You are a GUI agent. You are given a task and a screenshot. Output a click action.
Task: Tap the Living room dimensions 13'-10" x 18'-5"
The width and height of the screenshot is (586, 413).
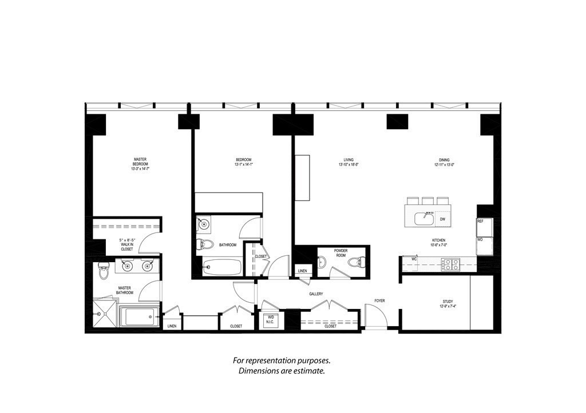pyautogui.click(x=348, y=165)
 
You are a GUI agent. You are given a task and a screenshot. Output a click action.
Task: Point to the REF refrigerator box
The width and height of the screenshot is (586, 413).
pyautogui.click(x=481, y=221)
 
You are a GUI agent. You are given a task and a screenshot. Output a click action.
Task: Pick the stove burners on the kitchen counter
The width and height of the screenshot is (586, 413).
pyautogui.click(x=450, y=263)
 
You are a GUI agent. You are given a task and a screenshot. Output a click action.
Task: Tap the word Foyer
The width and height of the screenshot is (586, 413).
pyautogui.click(x=379, y=300)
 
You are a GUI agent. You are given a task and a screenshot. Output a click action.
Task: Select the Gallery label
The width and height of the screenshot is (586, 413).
pyautogui.click(x=316, y=294)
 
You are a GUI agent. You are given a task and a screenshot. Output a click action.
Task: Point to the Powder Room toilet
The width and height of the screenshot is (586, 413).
pyautogui.click(x=355, y=263)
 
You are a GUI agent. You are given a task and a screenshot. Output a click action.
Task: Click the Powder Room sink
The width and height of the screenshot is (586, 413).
pyautogui.click(x=323, y=263)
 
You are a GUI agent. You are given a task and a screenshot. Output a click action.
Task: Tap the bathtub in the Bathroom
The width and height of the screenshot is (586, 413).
pyautogui.click(x=221, y=267)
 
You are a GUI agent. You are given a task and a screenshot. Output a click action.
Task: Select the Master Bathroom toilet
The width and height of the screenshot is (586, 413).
pyautogui.click(x=104, y=271)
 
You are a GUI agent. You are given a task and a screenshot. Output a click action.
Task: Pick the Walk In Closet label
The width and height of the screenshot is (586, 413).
pyautogui.click(x=126, y=244)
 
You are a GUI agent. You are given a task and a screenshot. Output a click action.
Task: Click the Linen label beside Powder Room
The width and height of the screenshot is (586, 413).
pyautogui.click(x=302, y=271)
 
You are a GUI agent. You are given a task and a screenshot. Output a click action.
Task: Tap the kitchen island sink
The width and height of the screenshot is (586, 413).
pyautogui.click(x=426, y=217)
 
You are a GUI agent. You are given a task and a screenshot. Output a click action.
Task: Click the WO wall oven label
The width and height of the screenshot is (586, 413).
pyautogui.click(x=481, y=240)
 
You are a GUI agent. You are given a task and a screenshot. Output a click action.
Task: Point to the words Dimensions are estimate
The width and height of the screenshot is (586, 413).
pyautogui.click(x=282, y=371)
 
